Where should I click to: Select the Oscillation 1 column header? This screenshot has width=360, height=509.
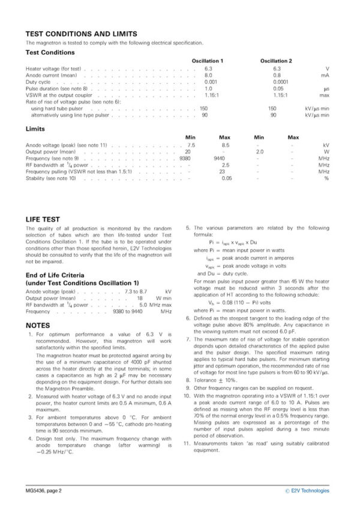click(208, 61)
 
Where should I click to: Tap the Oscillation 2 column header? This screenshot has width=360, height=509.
click(276, 61)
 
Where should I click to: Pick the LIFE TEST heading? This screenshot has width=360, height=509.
click(42, 219)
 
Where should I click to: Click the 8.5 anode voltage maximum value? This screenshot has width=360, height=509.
click(226, 145)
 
